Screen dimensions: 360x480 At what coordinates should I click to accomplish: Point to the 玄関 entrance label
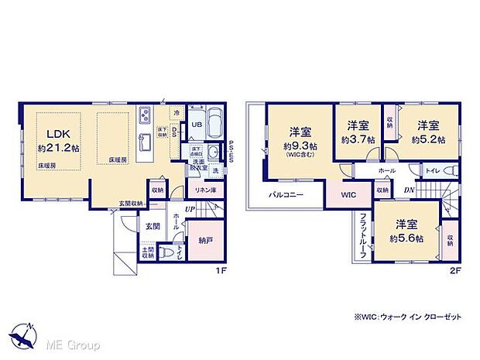point(152,226)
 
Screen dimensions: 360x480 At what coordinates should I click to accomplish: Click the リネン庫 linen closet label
point(204,190)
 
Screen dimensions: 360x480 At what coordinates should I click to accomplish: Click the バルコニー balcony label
point(286,195)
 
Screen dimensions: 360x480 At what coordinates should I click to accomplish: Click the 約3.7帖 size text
point(358,140)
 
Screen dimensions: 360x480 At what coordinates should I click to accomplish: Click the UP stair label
point(189,208)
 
